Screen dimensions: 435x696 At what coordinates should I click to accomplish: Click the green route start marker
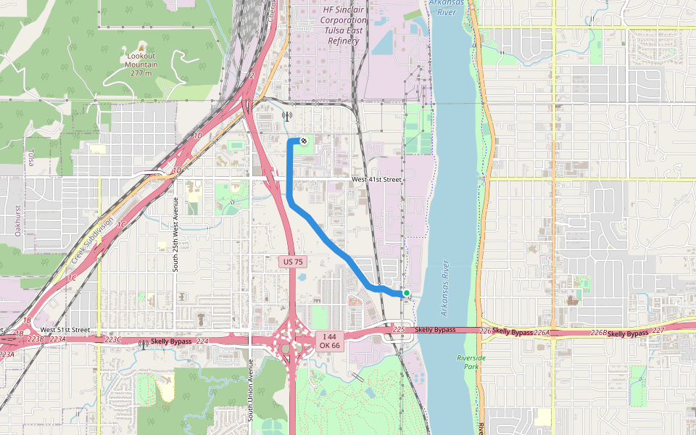(407, 293)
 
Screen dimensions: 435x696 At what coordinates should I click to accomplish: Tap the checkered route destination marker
(304, 140)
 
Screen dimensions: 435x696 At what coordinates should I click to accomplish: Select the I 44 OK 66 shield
(329, 340)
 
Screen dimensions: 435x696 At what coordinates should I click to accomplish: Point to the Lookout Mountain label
(141, 64)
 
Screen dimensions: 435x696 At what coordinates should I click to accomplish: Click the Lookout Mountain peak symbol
(141, 46)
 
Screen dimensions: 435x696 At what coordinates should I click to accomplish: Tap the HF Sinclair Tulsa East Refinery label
(344, 25)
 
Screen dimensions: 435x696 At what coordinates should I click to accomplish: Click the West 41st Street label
(376, 179)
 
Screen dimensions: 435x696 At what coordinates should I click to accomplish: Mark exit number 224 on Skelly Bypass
(202, 341)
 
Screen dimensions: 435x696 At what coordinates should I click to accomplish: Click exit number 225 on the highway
(397, 330)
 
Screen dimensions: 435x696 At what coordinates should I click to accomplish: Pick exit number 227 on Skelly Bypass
(658, 331)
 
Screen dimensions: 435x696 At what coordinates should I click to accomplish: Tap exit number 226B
(598, 332)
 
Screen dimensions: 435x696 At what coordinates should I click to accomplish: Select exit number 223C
(113, 339)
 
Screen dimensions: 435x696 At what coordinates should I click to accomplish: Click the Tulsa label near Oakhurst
(31, 158)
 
